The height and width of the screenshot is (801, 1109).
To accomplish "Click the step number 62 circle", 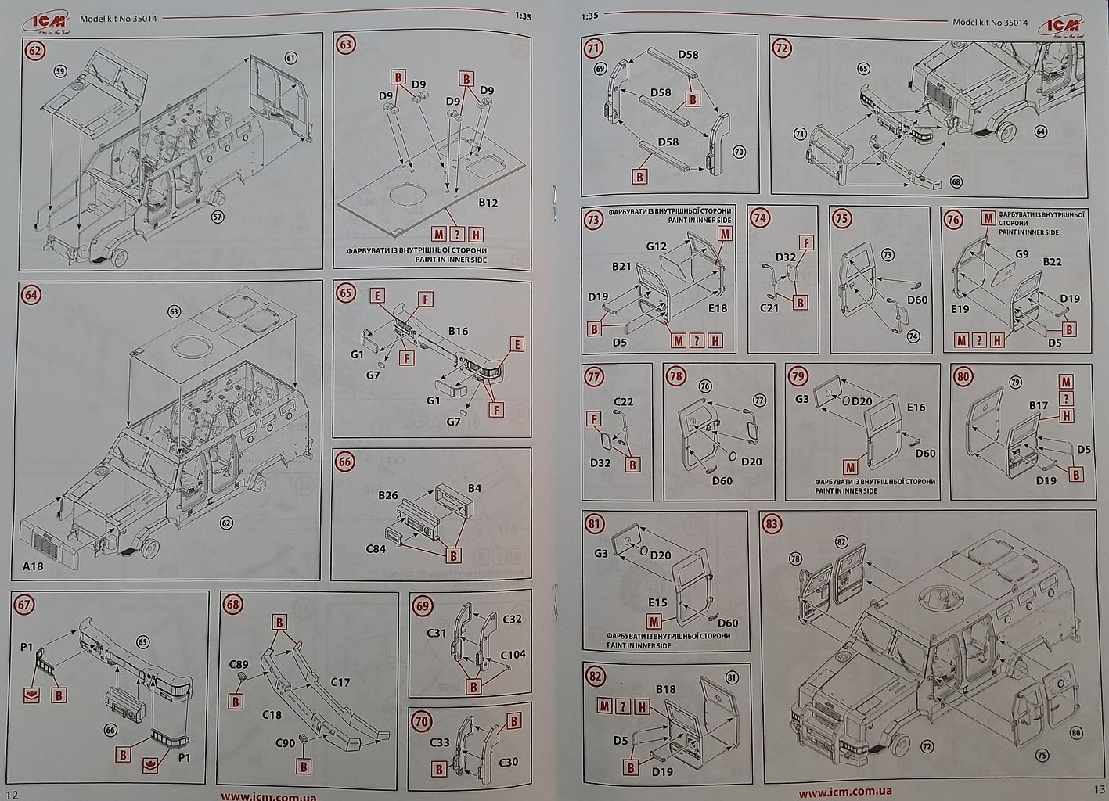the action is (35, 51).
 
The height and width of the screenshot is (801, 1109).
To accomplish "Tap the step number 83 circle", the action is (772, 523).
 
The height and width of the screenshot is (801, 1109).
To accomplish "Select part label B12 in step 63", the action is (488, 203).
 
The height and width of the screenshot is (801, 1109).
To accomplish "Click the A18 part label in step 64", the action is (33, 566).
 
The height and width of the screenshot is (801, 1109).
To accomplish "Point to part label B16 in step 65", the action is (458, 331).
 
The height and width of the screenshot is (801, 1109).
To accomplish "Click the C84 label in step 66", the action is (376, 548).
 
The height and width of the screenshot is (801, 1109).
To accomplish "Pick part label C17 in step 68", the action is (340, 682).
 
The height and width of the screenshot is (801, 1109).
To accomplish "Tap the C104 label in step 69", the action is (513, 655).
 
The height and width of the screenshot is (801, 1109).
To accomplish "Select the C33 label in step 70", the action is (440, 742).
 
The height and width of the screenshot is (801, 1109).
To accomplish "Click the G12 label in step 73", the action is (656, 246).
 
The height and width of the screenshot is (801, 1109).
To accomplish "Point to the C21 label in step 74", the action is (769, 307).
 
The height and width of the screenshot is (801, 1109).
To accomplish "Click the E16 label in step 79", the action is (916, 407).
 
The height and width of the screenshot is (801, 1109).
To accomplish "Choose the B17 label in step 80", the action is (1038, 405).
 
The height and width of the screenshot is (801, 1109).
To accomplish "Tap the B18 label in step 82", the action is (665, 689).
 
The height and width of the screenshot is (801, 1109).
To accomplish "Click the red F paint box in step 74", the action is (805, 242).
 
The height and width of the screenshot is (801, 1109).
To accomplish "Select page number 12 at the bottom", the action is (11, 794).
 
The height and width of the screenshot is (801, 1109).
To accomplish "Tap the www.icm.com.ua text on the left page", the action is (268, 796).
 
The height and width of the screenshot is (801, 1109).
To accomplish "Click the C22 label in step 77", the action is (623, 402).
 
